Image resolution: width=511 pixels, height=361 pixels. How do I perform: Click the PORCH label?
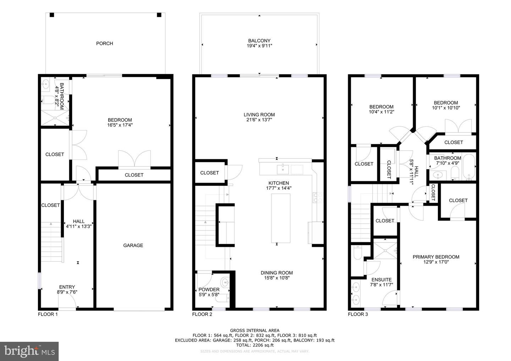104,43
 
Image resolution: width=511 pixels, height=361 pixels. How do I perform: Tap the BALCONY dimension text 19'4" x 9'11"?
259,46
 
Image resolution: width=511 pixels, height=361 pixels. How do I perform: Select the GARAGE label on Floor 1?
133,245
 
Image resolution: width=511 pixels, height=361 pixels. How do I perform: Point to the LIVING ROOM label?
259,115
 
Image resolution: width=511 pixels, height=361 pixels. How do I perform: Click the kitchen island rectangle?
281,218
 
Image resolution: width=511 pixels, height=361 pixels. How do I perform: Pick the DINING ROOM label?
277,273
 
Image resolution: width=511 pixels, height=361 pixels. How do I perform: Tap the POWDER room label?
209,289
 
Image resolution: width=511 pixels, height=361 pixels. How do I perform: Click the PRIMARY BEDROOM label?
436,257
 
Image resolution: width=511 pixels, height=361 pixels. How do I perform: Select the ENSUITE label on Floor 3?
381,280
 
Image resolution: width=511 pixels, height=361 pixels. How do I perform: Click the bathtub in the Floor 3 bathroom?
469,167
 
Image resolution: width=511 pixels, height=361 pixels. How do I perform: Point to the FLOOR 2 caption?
202,314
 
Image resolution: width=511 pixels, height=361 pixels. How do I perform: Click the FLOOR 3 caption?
358,314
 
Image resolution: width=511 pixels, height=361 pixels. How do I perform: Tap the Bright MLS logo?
29,351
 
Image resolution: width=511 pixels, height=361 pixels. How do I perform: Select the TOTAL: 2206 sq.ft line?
254,345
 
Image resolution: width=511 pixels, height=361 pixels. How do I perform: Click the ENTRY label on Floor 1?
67,287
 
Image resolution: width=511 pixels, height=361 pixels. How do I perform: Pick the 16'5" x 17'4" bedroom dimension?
120,125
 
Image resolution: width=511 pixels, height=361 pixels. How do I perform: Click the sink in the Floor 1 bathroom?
46,85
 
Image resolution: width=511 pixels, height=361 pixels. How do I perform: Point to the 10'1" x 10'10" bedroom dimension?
446,108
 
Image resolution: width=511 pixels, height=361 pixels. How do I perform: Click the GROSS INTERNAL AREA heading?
254,331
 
